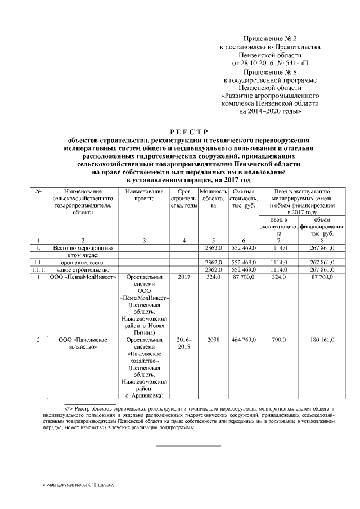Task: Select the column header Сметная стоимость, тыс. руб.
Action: click(x=244, y=199)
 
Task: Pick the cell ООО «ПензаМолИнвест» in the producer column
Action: click(x=83, y=277)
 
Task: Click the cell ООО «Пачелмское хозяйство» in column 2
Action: click(x=83, y=344)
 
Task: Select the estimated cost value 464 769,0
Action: click(x=244, y=340)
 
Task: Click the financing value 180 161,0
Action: click(x=322, y=340)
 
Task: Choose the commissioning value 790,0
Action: click(x=278, y=340)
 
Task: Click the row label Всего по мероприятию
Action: click(x=83, y=247)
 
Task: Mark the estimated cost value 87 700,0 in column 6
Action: click(x=244, y=277)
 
